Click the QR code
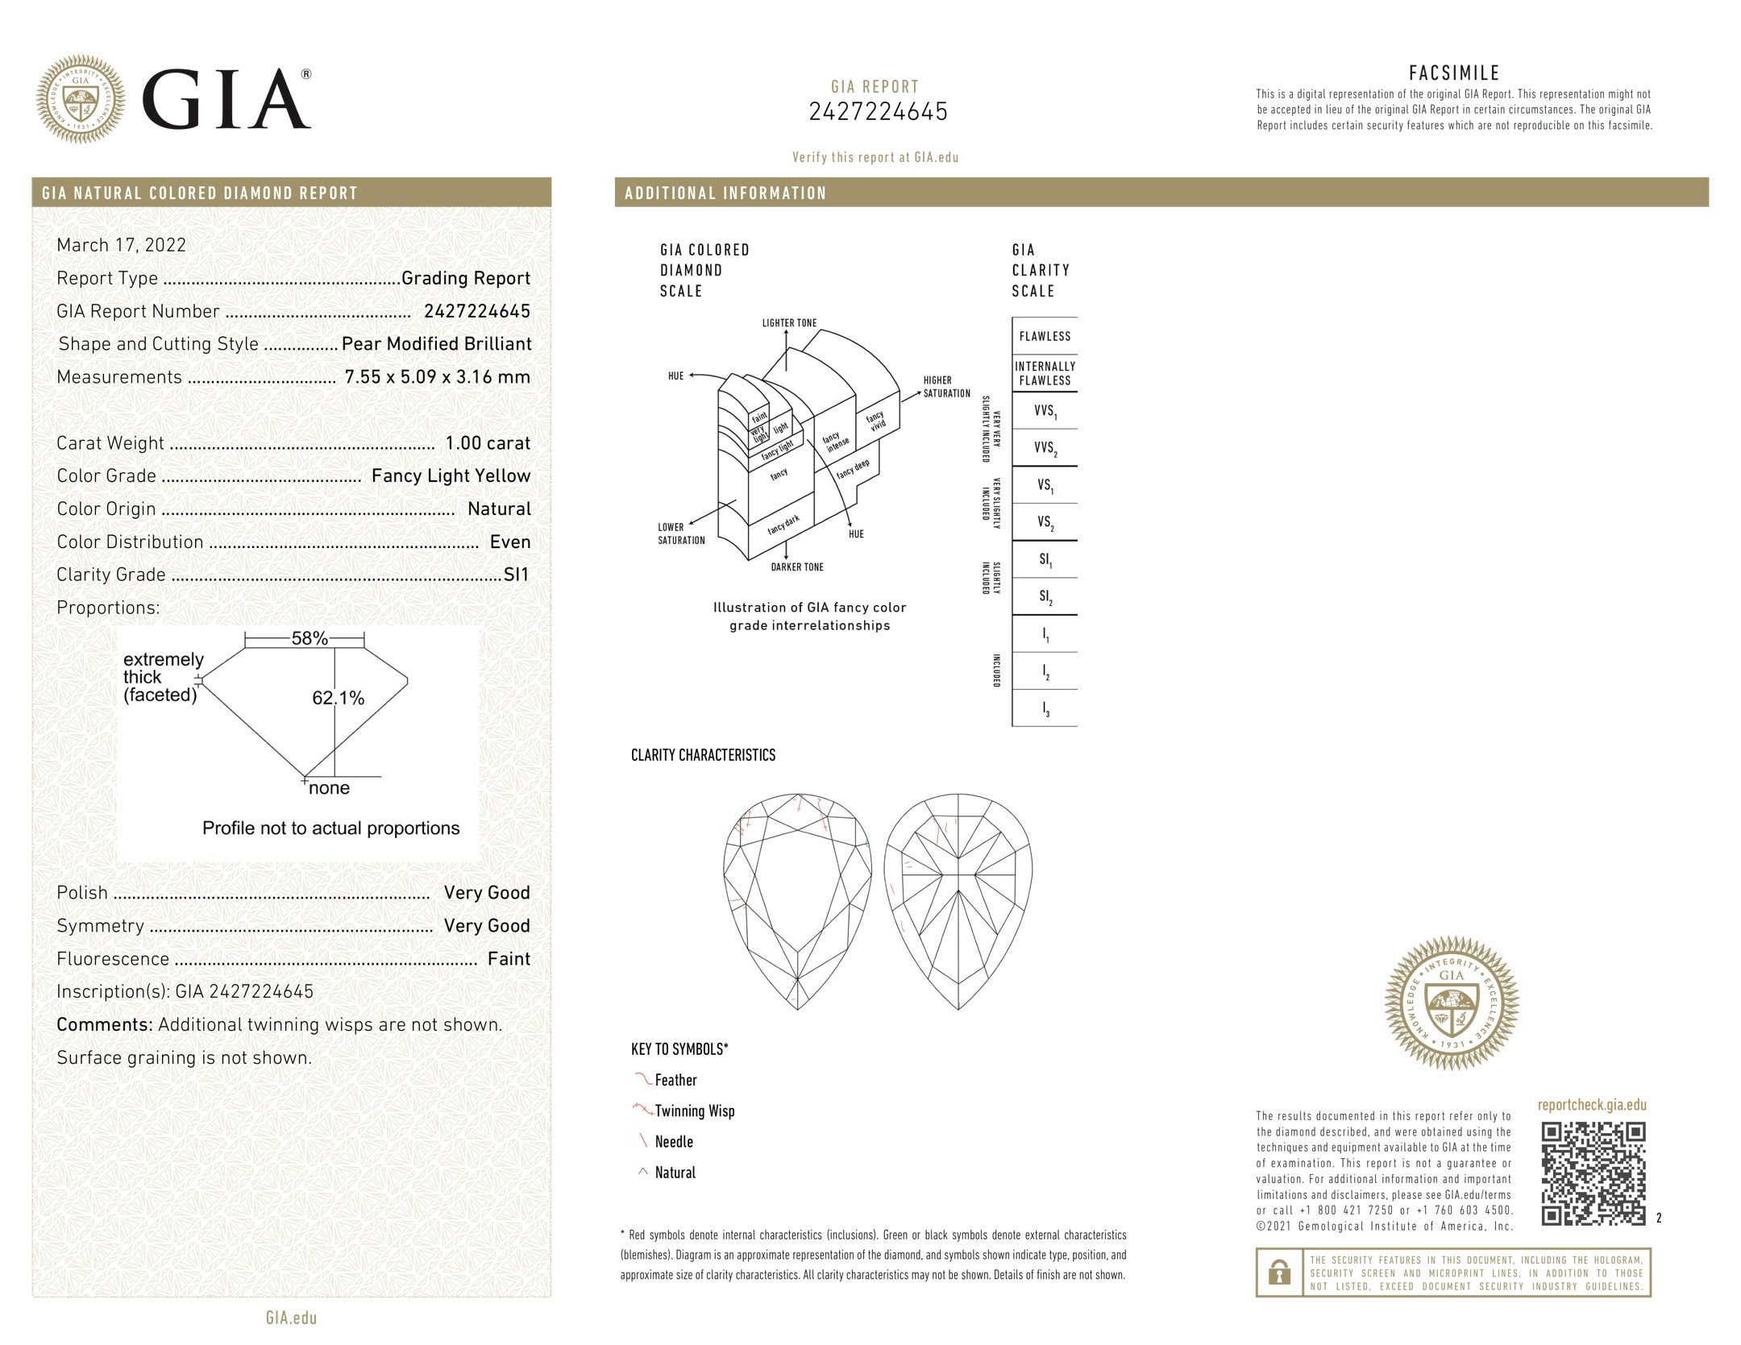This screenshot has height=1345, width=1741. tap(1593, 1174)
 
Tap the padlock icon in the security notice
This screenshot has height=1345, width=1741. tap(1278, 1272)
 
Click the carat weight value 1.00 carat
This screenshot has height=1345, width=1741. tap(488, 443)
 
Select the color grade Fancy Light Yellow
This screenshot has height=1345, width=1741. tap(451, 476)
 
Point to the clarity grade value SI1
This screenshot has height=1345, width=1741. tap(516, 575)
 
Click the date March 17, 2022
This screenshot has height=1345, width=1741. tap(121, 245)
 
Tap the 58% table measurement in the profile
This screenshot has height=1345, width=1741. tap(310, 639)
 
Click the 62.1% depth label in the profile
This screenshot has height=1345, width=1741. tap(339, 698)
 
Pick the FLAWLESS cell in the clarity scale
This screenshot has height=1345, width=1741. tap(1045, 336)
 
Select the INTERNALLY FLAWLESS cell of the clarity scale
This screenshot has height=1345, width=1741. tap(1045, 373)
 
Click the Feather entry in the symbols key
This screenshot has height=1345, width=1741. tap(675, 1080)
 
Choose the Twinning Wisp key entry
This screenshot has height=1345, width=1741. tap(694, 1111)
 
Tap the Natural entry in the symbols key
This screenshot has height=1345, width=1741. tap(675, 1173)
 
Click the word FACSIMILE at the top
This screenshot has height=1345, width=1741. tap(1454, 73)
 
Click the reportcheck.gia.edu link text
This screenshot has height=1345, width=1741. tap(1592, 1105)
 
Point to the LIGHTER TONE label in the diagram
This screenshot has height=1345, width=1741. tap(789, 323)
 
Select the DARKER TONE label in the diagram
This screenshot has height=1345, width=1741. tap(797, 567)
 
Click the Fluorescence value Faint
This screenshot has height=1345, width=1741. tap(509, 959)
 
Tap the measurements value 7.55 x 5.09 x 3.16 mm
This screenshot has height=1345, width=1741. tap(437, 377)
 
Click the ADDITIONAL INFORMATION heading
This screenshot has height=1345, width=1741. tap(725, 193)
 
